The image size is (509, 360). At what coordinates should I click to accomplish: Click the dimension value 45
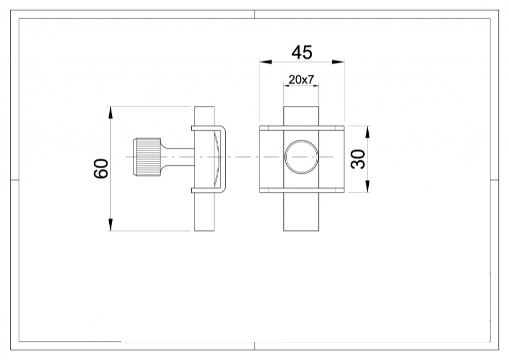click(x=301, y=53)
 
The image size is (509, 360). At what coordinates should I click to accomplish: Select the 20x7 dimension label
click(x=300, y=80)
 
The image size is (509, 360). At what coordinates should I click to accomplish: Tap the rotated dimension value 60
click(x=101, y=168)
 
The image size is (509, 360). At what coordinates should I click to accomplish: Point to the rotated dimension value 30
click(x=358, y=159)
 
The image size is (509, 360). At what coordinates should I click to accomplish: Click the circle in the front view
click(x=301, y=156)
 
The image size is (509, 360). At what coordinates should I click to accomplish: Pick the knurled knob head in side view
click(x=146, y=157)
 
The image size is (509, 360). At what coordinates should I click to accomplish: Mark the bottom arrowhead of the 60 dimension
click(x=111, y=225)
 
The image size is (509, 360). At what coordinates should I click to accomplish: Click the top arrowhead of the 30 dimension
click(x=368, y=131)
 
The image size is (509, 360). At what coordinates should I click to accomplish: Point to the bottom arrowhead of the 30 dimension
click(x=368, y=187)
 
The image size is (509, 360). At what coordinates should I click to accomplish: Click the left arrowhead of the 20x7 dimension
click(x=286, y=86)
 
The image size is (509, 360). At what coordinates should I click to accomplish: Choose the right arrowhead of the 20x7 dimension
click(x=315, y=86)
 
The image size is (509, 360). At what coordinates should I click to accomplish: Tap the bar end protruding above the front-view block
click(x=301, y=115)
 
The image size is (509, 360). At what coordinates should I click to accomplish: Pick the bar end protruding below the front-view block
click(x=301, y=212)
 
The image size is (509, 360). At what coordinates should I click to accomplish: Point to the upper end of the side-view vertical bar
click(x=205, y=115)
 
